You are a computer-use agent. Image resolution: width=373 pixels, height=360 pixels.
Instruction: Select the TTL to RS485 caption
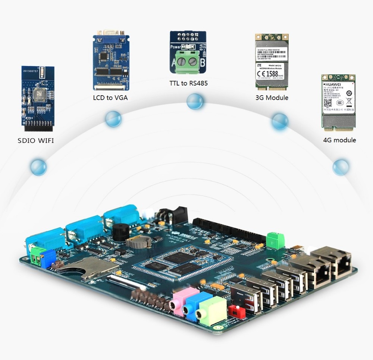189,83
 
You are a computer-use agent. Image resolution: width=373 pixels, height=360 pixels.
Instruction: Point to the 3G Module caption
272,97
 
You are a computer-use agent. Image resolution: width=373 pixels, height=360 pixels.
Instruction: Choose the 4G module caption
339,140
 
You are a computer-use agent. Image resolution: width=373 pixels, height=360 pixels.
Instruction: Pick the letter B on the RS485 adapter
202,63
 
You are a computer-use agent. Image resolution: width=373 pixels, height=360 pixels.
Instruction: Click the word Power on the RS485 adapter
176,47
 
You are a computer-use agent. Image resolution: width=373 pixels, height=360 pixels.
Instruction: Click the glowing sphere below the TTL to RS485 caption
195,102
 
